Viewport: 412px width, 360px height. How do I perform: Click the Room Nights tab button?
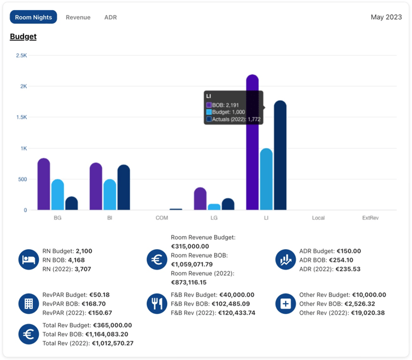(x=34, y=17)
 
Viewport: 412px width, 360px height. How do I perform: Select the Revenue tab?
(x=78, y=17)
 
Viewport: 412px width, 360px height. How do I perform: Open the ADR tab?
(x=110, y=17)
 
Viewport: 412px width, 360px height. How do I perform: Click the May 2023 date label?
(x=386, y=17)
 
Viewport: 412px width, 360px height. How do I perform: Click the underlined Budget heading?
(x=23, y=37)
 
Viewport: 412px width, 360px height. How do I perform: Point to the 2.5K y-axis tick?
(x=22, y=56)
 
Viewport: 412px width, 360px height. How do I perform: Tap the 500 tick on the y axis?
(x=22, y=180)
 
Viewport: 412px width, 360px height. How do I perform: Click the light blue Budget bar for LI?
(x=266, y=180)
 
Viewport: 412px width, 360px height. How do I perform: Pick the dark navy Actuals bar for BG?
(x=71, y=204)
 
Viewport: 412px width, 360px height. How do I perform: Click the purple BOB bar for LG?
(x=200, y=199)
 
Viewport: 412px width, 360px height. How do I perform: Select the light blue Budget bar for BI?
(x=110, y=195)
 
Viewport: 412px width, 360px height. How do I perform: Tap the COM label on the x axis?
(x=162, y=218)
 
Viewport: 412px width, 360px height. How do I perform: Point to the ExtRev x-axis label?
(x=371, y=218)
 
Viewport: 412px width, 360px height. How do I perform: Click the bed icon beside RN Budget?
(x=28, y=260)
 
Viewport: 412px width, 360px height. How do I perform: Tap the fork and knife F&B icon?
(x=157, y=304)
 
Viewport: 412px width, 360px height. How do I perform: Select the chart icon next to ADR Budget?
(x=286, y=260)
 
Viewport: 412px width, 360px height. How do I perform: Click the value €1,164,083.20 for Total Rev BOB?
(x=107, y=334)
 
